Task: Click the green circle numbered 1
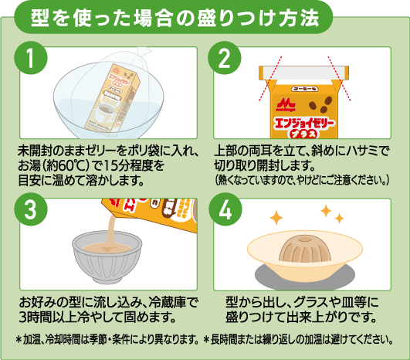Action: pyautogui.click(x=31, y=58)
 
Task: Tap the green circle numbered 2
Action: pyautogui.click(x=225, y=58)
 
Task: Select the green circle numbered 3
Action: pyautogui.click(x=31, y=209)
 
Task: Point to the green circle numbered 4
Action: pyautogui.click(x=225, y=209)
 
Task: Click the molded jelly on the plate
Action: pyautogui.click(x=305, y=248)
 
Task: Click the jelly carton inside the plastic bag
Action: pyautogui.click(x=113, y=97)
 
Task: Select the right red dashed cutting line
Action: pyautogui.click(x=339, y=78)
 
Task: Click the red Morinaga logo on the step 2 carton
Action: pyautogui.click(x=285, y=105)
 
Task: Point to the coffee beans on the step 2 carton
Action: pyautogui.click(x=320, y=104)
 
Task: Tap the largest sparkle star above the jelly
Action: pyautogui.click(x=276, y=218)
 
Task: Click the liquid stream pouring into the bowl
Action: pyautogui.click(x=111, y=231)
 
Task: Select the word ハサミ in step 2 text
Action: pyautogui.click(x=361, y=151)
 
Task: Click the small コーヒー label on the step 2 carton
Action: pyautogui.click(x=305, y=89)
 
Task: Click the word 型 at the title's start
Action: pyautogui.click(x=39, y=19)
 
